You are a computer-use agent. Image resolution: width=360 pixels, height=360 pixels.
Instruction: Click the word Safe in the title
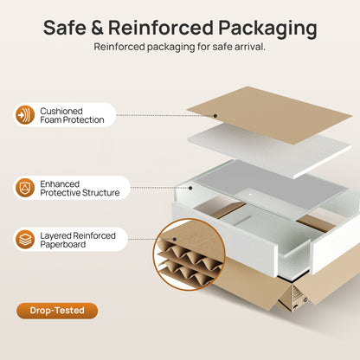point(65,28)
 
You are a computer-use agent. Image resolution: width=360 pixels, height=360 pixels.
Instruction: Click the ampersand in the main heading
point(97,28)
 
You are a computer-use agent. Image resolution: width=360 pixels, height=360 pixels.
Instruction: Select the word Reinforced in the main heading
point(161,28)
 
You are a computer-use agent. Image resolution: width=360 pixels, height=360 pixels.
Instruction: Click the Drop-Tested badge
point(57,311)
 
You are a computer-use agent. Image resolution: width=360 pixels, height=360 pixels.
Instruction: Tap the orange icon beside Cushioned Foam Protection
point(25,115)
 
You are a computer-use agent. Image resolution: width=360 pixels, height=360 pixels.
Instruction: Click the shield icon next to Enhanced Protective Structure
point(25,188)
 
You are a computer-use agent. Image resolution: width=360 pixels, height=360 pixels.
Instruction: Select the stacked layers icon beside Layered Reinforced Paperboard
point(25,240)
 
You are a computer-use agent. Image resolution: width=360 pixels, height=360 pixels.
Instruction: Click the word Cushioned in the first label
point(61,111)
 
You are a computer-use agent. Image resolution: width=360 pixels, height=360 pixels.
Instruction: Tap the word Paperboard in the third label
point(63,245)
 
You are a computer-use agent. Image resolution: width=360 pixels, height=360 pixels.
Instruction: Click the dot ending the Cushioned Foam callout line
point(215,116)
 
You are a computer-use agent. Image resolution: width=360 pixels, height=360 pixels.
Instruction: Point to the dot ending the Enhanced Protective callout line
point(190,188)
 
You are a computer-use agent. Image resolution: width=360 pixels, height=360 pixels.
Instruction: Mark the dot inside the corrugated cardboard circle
point(174,239)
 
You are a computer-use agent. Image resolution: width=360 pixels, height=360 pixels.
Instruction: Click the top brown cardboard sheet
point(269,115)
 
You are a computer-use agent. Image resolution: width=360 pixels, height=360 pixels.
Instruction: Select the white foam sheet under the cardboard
point(271,151)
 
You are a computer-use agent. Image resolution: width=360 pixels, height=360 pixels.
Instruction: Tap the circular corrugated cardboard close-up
point(189,254)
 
